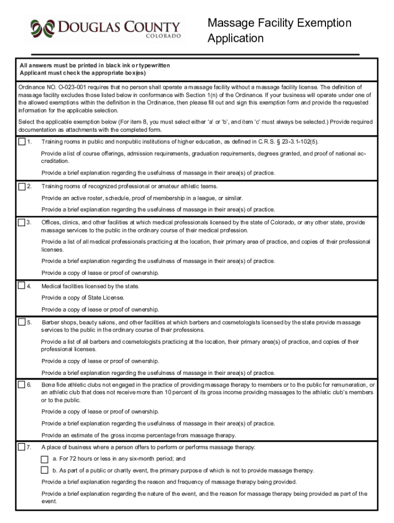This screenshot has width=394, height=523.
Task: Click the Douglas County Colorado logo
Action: [105, 30]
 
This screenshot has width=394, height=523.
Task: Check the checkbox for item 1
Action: [22, 141]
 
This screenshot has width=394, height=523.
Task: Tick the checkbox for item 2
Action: [22, 186]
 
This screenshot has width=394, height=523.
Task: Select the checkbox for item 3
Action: [22, 222]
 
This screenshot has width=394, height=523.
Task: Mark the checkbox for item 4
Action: [22, 286]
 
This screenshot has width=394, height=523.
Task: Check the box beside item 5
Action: [22, 322]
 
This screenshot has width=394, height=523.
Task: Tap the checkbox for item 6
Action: [22, 385]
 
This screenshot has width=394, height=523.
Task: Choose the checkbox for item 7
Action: [22, 447]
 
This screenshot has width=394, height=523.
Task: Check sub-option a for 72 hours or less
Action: [45, 459]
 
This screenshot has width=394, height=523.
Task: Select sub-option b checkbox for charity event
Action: [45, 470]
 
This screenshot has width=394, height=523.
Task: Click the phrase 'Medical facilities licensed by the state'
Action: [90, 286]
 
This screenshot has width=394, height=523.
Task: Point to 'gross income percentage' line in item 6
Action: [138, 436]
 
